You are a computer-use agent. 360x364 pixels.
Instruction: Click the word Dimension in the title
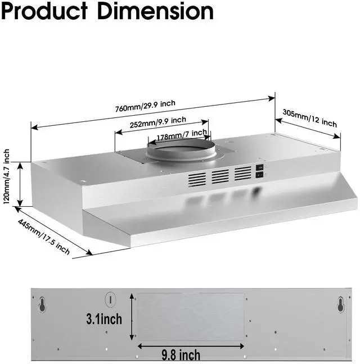(x=156, y=11)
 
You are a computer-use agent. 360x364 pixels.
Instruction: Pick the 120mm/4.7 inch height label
(x=7, y=178)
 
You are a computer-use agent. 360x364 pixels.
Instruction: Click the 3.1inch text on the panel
(x=103, y=319)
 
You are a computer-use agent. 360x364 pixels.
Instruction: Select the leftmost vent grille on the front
(x=196, y=179)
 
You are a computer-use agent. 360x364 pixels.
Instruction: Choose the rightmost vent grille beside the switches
(x=242, y=173)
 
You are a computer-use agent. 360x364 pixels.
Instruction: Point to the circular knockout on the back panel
(x=110, y=299)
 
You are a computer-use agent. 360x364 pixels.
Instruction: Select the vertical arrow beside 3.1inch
(x=132, y=318)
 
